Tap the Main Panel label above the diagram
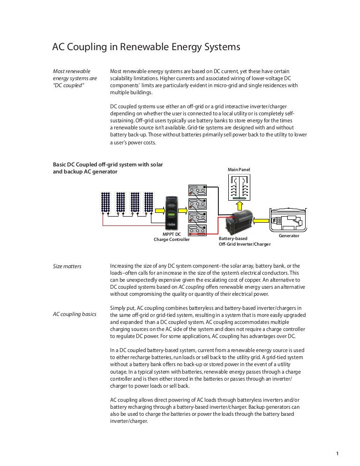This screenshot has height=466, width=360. [x=239, y=169]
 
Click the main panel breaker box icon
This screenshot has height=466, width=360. [x=240, y=188]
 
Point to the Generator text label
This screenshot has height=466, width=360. [x=289, y=236]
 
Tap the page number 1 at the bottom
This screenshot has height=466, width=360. [x=337, y=453]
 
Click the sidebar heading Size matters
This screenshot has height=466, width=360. [x=67, y=266]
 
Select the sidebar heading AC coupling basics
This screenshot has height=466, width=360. [x=75, y=314]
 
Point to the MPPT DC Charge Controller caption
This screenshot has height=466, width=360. [x=172, y=237]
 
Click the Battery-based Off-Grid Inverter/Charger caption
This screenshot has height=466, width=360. [x=245, y=241]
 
